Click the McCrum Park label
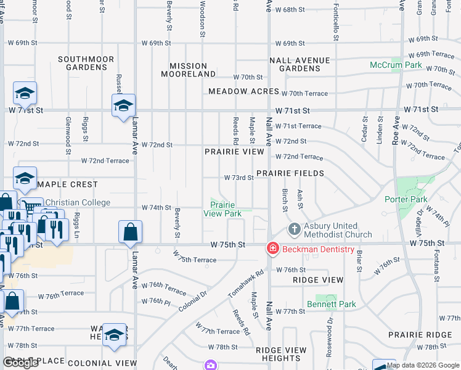pos(396,65)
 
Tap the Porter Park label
pos(406,199)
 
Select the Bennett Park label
pos(331,304)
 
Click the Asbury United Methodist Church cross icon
pos(295,229)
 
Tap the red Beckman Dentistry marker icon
pos(272,249)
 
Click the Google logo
pos(20,363)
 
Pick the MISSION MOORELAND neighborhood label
pos(188,70)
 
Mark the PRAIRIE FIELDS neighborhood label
pos(290,174)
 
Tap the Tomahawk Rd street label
pos(246,281)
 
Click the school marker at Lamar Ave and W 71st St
pos(123,106)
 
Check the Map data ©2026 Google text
pos(423,365)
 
